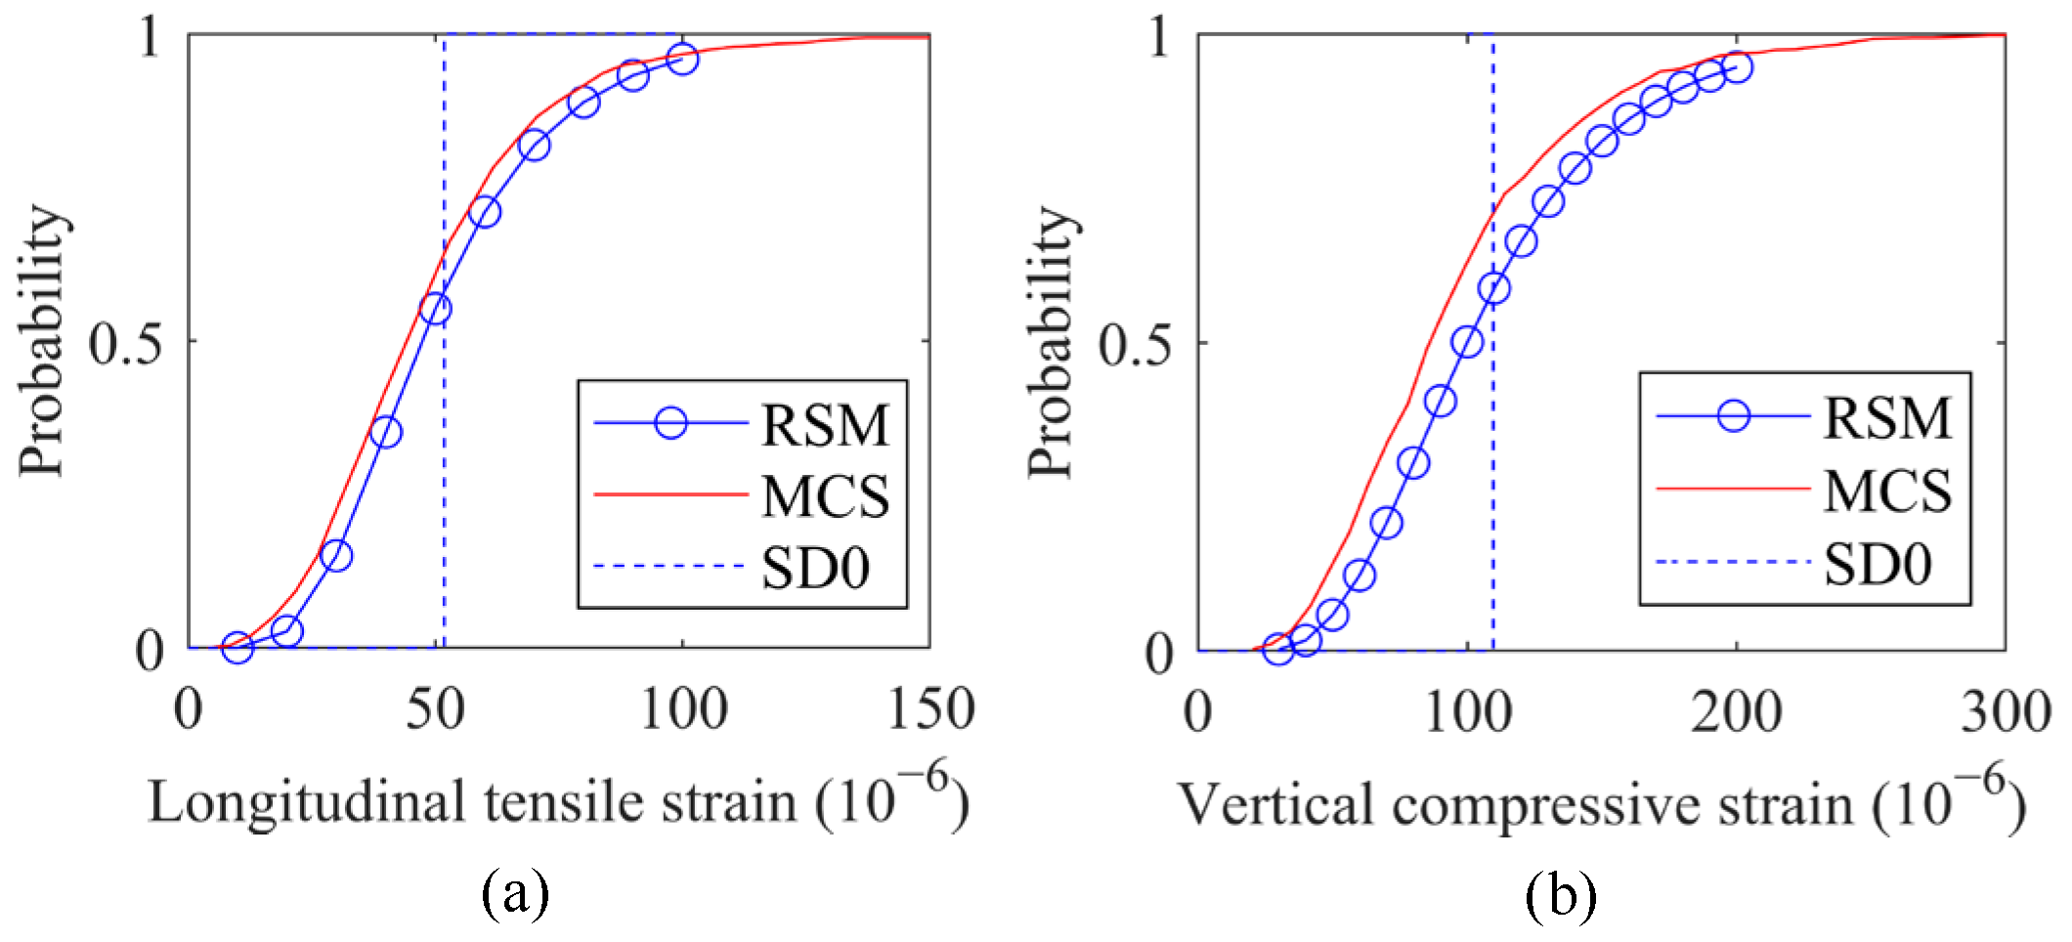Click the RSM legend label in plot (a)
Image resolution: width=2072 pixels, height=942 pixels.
click(825, 425)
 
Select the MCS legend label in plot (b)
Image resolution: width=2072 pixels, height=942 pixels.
click(1886, 491)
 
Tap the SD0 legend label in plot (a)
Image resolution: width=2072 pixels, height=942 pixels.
click(815, 568)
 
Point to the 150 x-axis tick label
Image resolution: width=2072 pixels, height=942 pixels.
click(929, 709)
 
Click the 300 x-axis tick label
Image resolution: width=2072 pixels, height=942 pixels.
click(2006, 711)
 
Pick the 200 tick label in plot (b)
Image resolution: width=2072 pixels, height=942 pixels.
click(1736, 711)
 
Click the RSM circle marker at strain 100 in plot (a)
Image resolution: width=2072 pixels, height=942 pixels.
click(682, 59)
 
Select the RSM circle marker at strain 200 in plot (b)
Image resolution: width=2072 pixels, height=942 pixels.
click(1737, 67)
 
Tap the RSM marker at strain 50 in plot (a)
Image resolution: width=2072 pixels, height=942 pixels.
click(435, 310)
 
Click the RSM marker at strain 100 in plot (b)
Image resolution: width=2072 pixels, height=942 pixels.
click(1467, 342)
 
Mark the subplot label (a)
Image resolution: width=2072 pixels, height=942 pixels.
click(515, 892)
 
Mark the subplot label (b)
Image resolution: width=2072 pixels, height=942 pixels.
click(1560, 892)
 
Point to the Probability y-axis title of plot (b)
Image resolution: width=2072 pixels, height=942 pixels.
click(1051, 342)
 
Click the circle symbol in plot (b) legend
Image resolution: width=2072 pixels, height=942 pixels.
click(1733, 415)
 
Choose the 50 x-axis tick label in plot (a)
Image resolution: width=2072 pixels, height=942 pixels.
click(435, 709)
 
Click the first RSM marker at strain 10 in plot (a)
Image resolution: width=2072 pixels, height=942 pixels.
click(237, 646)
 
